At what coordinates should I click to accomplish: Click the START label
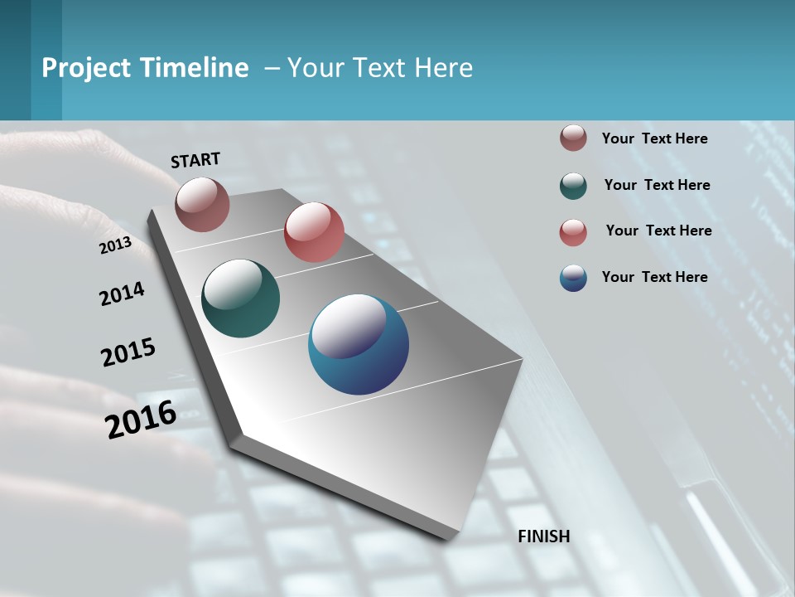pyautogui.click(x=195, y=160)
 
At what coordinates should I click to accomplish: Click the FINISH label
pyautogui.click(x=544, y=536)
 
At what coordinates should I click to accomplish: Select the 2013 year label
pyautogui.click(x=115, y=245)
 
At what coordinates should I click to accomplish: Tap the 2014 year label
pyautogui.click(x=122, y=294)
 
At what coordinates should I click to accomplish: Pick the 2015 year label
pyautogui.click(x=128, y=352)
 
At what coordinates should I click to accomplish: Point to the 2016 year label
pyautogui.click(x=141, y=420)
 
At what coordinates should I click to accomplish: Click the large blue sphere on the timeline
pyautogui.click(x=359, y=344)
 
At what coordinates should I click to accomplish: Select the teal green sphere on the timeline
pyautogui.click(x=240, y=298)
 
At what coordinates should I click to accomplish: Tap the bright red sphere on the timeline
pyautogui.click(x=314, y=232)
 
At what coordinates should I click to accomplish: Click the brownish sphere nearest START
pyautogui.click(x=202, y=204)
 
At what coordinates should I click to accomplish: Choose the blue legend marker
pyautogui.click(x=573, y=278)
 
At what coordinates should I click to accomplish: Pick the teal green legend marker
pyautogui.click(x=573, y=186)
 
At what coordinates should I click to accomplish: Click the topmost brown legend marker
pyautogui.click(x=573, y=138)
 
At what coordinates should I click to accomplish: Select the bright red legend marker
pyautogui.click(x=573, y=232)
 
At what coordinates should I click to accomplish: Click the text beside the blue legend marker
pyautogui.click(x=654, y=277)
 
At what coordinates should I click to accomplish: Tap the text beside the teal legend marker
pyautogui.click(x=657, y=185)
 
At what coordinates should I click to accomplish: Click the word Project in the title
pyautogui.click(x=86, y=68)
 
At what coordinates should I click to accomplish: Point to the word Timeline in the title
pyautogui.click(x=195, y=68)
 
